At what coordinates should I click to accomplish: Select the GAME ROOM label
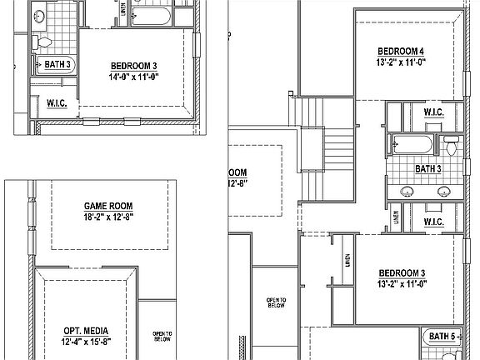click(108, 206)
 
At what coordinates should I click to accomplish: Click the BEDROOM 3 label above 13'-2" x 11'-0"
click(402, 273)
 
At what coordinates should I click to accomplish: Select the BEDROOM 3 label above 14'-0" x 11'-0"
click(134, 65)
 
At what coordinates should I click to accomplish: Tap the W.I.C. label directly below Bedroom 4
click(432, 112)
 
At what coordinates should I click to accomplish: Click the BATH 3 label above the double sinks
click(428, 169)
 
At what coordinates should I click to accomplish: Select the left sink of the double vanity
click(407, 192)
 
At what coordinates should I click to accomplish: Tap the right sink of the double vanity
click(442, 192)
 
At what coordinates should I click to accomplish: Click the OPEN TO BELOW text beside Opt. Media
click(162, 337)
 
